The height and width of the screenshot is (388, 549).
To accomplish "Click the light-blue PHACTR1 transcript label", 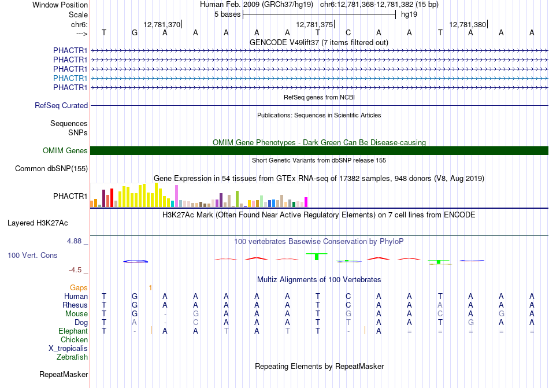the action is (x=70, y=78).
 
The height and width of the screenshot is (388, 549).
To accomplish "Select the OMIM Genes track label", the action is (x=65, y=150).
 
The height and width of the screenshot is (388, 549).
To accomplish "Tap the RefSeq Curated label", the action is (x=61, y=105).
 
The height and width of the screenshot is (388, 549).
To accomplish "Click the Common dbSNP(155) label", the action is (x=51, y=168).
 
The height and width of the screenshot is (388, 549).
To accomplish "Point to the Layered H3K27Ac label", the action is (x=38, y=223).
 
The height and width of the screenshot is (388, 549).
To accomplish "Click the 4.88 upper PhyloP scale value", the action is (x=74, y=241).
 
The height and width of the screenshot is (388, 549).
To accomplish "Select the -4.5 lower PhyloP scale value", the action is (x=75, y=269).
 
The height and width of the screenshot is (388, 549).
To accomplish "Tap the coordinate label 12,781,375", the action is (x=314, y=24).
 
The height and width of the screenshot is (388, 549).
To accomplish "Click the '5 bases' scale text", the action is (x=228, y=14).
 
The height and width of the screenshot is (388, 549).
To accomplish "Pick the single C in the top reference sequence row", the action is (x=348, y=33).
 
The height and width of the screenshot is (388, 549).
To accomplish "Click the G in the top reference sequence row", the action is (x=135, y=33).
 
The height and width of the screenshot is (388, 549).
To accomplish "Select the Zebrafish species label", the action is (x=72, y=357).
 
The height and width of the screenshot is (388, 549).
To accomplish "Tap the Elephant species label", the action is (x=73, y=331).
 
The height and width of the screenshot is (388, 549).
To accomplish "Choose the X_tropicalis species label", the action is (x=68, y=349).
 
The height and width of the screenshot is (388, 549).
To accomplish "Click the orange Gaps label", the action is (x=79, y=287).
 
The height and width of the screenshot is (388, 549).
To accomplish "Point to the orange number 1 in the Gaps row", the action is (x=150, y=288).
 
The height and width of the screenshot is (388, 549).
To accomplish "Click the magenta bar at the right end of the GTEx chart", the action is (x=306, y=202).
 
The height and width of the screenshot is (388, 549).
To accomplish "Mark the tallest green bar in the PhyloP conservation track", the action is (x=317, y=256).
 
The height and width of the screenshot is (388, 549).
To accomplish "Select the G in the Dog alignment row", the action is (x=470, y=322).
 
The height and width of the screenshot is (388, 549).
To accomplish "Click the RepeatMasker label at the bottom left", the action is (x=64, y=374).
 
